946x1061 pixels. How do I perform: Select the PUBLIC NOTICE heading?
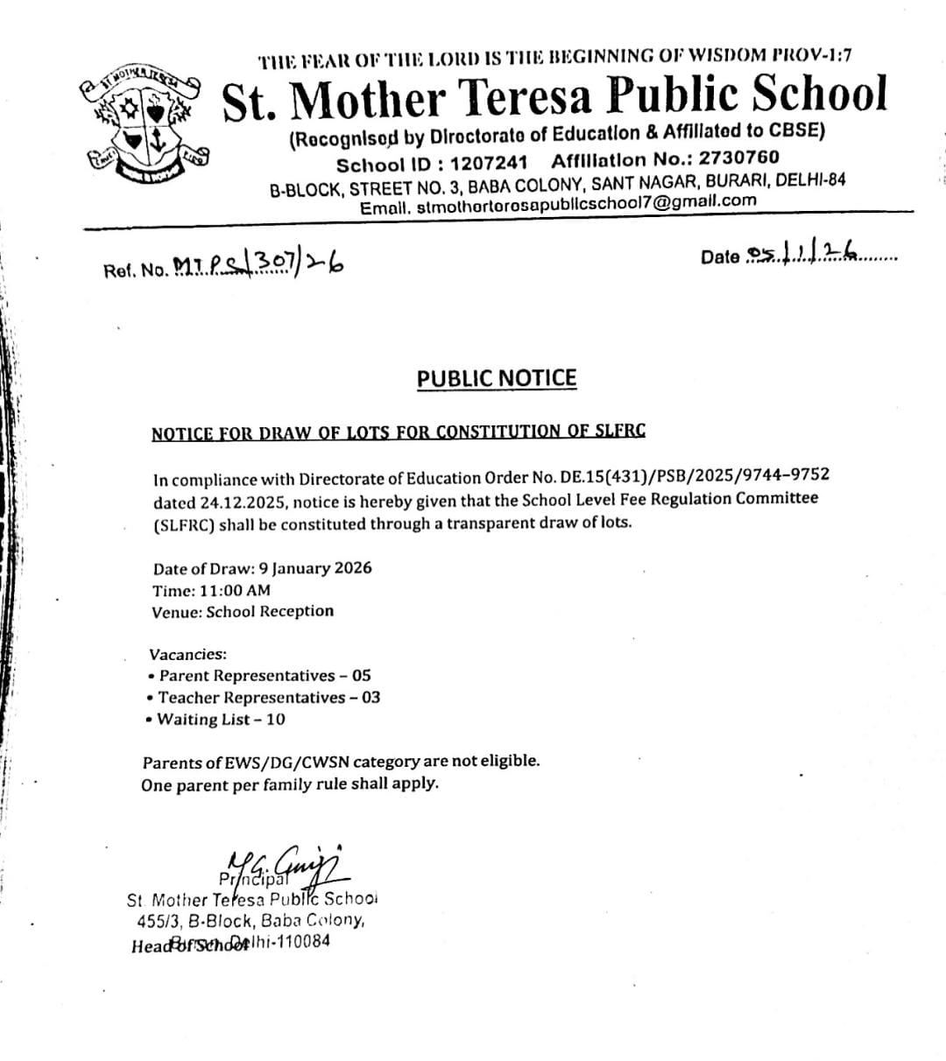[497, 378]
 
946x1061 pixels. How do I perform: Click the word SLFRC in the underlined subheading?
[620, 431]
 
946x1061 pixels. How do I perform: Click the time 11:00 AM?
[236, 590]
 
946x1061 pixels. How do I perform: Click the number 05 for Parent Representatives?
[361, 676]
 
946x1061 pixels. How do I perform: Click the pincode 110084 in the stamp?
[300, 942]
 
